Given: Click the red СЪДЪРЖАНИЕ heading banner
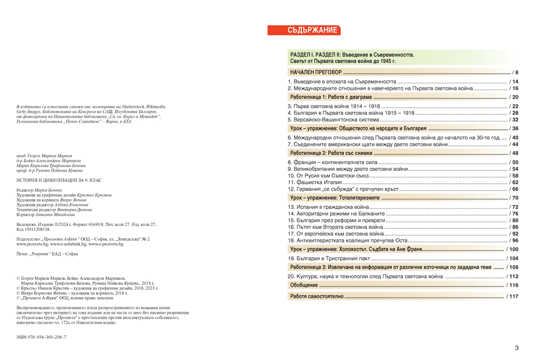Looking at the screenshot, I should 304,30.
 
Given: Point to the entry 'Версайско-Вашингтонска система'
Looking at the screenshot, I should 333,120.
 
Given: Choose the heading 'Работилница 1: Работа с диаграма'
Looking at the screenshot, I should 330,97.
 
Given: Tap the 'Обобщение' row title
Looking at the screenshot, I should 304,285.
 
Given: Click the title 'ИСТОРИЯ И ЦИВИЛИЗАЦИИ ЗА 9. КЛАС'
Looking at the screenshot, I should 59,180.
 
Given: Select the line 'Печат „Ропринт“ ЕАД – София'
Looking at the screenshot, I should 47,254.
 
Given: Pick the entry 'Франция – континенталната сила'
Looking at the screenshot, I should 333,162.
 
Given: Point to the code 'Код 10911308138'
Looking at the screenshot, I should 33,229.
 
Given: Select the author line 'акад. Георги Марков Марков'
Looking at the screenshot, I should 44,156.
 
